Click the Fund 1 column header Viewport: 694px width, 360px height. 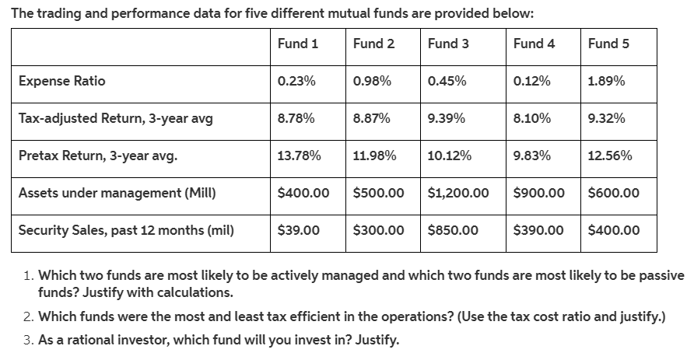[x=297, y=44]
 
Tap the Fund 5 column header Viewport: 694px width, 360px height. [x=608, y=44]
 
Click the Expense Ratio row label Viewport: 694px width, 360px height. [x=62, y=81]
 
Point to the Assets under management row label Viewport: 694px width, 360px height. [x=117, y=192]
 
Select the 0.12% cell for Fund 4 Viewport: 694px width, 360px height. [x=532, y=81]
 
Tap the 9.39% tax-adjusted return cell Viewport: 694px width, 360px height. [x=447, y=118]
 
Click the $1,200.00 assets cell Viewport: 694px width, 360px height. [x=458, y=192]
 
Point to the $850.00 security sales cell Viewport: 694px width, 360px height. [x=453, y=229]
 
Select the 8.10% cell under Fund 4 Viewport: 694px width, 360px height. [x=532, y=118]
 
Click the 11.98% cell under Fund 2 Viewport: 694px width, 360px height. [x=374, y=156]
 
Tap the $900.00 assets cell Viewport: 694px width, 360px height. [x=539, y=192]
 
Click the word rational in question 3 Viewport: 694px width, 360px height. [x=121, y=340]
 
